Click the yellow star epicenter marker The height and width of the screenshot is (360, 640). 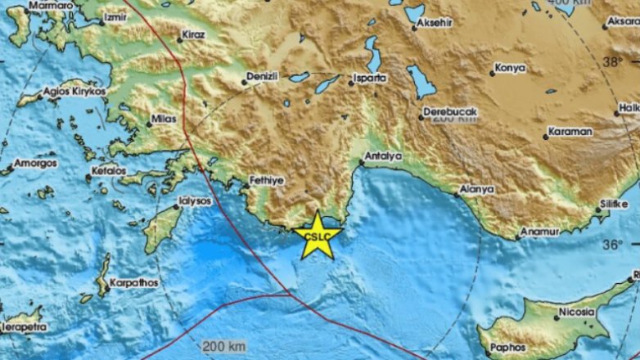(x=316, y=235)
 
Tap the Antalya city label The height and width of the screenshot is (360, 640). (x=381, y=155)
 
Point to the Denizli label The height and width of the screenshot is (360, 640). (x=262, y=75)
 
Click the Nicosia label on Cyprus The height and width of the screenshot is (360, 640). (x=571, y=312)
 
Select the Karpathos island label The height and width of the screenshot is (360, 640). (x=132, y=278)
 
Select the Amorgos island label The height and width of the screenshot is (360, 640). (x=35, y=164)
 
